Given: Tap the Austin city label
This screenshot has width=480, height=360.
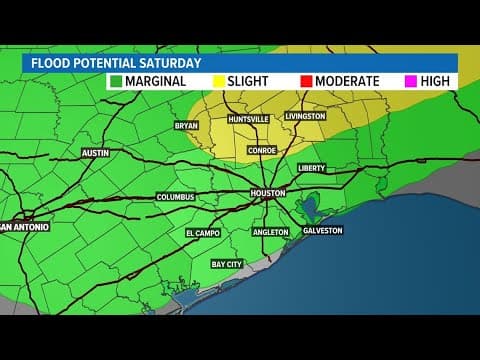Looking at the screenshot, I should coord(95,153).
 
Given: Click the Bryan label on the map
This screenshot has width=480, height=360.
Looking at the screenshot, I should coord(186,126).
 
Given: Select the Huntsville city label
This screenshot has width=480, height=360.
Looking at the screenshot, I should coord(248,119).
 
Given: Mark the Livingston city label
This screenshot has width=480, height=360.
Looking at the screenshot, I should coord(306,116).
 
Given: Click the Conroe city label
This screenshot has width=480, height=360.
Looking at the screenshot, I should coord(262,151).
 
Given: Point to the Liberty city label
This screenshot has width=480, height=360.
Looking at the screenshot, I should coord(313,168).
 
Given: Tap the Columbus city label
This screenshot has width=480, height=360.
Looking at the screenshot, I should coord(175,197).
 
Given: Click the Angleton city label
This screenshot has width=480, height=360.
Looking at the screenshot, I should coord(270,232).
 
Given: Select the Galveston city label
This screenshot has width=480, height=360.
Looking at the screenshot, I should coord(322,231).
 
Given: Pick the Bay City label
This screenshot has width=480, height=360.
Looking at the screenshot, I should coord(226,264).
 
